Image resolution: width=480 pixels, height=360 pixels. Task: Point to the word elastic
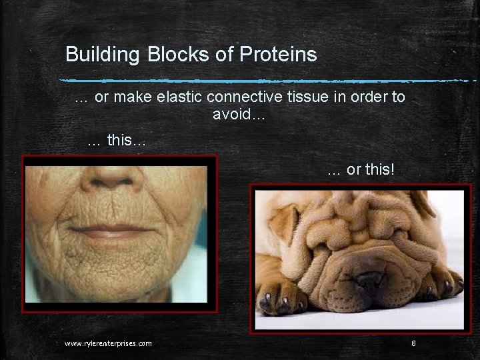(181, 97)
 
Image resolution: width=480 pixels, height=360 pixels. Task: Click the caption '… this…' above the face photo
(117, 141)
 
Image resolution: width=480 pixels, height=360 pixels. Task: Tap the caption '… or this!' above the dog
(361, 170)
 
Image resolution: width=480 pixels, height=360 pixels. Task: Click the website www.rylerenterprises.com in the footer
(108, 343)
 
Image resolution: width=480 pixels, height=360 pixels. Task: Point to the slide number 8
(413, 343)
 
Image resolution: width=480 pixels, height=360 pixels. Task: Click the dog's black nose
(369, 281)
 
